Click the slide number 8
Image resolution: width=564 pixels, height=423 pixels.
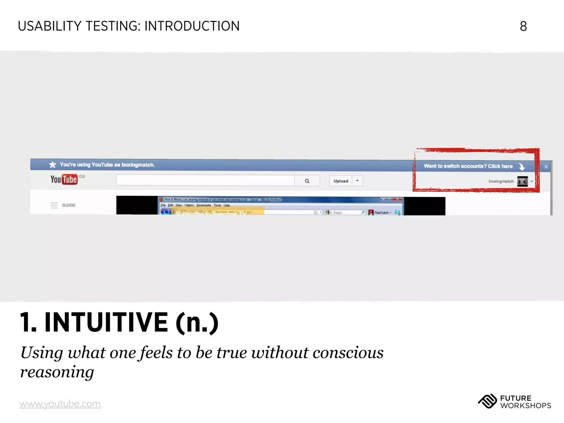523,26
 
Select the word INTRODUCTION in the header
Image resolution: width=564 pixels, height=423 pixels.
192,26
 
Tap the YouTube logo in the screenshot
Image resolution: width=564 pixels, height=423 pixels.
64,180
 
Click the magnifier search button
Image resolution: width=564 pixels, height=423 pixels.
307,181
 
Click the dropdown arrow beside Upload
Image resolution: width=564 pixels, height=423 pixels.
357,181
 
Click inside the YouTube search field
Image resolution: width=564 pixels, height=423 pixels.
205,181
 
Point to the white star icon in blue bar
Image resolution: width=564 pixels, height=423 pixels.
52,165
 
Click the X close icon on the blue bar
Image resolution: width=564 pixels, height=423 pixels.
546,167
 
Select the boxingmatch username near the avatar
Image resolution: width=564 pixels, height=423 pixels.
501,181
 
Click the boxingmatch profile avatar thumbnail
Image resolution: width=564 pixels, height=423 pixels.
522,181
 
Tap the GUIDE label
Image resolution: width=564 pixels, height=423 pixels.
69,205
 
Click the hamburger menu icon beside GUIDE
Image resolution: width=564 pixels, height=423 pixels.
54,205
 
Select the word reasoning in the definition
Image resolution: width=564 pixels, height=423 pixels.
57,372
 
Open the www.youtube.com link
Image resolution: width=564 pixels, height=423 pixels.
60,404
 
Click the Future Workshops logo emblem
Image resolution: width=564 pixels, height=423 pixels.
487,401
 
